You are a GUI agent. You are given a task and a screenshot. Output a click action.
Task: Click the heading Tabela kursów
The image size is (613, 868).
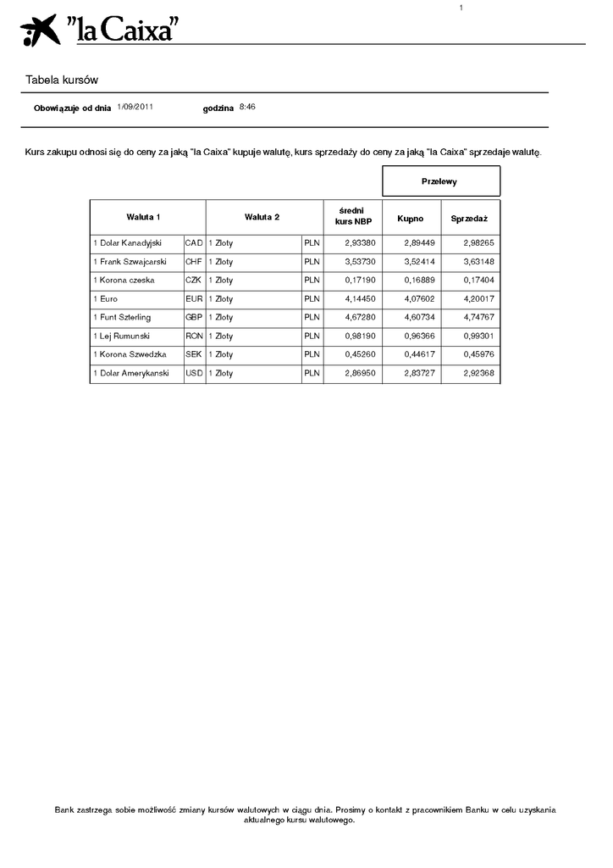pyautogui.click(x=62, y=81)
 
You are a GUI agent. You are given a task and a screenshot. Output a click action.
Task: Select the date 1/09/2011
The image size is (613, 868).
pyautogui.click(x=135, y=107)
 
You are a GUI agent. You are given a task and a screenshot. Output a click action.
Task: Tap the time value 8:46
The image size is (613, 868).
pyautogui.click(x=247, y=107)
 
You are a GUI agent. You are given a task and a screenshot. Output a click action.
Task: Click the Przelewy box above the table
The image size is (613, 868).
pyautogui.click(x=440, y=181)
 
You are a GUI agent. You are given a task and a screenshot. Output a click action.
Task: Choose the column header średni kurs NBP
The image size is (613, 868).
pyautogui.click(x=353, y=217)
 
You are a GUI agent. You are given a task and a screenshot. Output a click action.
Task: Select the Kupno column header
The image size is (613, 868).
pyautogui.click(x=411, y=218)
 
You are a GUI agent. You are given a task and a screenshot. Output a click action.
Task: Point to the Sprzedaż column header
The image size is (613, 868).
pyautogui.click(x=469, y=218)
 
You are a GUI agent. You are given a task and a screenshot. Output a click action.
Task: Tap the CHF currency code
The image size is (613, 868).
pyautogui.click(x=194, y=262)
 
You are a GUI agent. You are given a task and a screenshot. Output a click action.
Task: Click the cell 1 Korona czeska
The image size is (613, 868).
pyautogui.click(x=124, y=281)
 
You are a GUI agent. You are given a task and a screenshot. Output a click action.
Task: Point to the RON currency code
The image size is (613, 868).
pyautogui.click(x=194, y=337)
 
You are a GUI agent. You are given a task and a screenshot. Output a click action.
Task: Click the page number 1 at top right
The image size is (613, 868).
pyautogui.click(x=461, y=8)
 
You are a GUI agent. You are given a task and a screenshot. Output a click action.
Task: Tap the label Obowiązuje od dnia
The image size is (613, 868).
pyautogui.click(x=72, y=108)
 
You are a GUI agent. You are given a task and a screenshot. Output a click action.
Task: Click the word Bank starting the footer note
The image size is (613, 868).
pyautogui.click(x=64, y=810)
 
